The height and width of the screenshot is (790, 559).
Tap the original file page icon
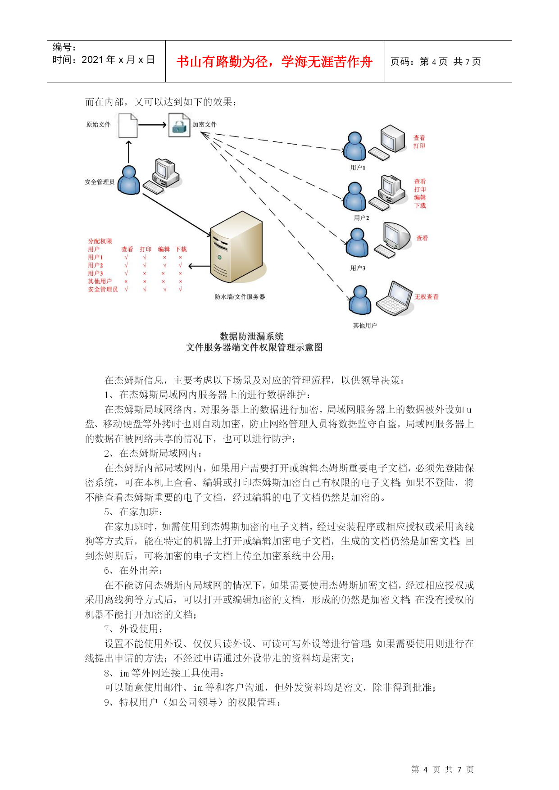pyautogui.click(x=128, y=125)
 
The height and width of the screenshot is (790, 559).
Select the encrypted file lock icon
pyautogui.click(x=179, y=125)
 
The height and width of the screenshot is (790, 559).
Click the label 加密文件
pyautogui.click(x=205, y=124)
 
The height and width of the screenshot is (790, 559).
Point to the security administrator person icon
pyautogui.click(x=129, y=180)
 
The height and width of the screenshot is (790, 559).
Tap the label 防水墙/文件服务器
pyautogui.click(x=240, y=297)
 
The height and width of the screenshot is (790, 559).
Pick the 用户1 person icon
pyautogui.click(x=354, y=146)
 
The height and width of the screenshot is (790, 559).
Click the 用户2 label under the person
pyautogui.click(x=361, y=218)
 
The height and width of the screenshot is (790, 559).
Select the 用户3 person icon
pyautogui.click(x=357, y=243)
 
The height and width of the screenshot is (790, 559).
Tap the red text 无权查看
pyautogui.click(x=427, y=297)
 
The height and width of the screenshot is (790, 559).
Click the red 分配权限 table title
pyautogui.click(x=100, y=241)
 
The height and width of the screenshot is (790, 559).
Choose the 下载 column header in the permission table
pyautogui.click(x=181, y=249)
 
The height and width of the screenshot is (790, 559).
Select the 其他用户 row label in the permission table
pyautogui.click(x=100, y=281)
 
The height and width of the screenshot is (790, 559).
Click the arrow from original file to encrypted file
pyautogui.click(x=152, y=125)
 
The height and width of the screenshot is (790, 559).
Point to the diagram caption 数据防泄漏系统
pyautogui.click(x=252, y=336)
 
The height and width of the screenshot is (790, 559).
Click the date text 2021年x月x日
pyautogui.click(x=118, y=60)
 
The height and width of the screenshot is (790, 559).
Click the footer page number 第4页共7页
pyautogui.click(x=443, y=770)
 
